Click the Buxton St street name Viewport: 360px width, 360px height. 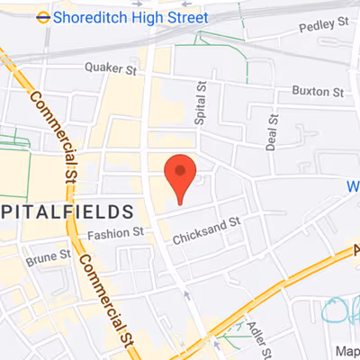click(318, 92)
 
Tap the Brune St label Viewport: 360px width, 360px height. click(48, 257)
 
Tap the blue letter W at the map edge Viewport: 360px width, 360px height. click(353, 187)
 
